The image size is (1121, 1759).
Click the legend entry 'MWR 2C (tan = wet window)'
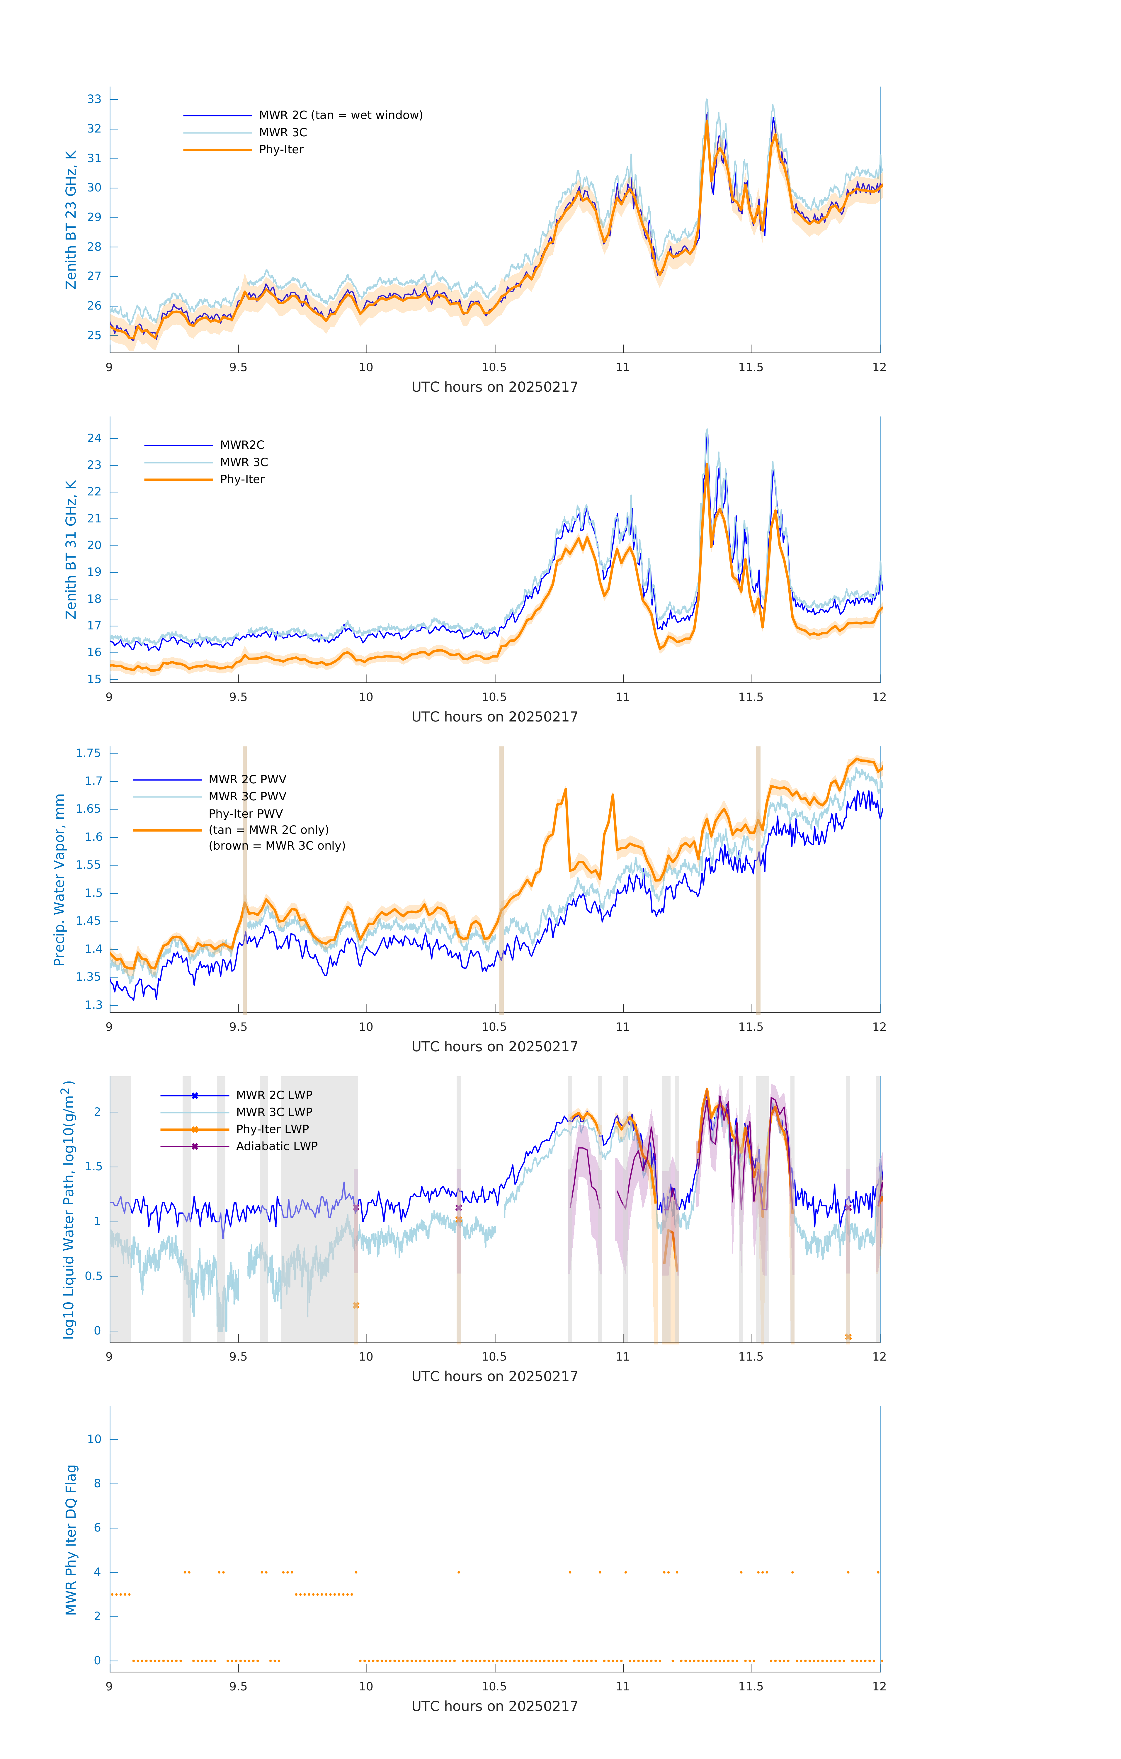click(340, 116)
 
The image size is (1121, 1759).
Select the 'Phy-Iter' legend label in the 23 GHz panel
click(281, 150)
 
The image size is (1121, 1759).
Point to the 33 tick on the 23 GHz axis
click(94, 99)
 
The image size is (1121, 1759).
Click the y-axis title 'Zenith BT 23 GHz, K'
click(71, 220)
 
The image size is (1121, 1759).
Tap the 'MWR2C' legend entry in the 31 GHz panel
click(242, 445)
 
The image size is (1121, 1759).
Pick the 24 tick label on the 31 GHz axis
click(94, 438)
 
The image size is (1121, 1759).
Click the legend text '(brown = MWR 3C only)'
click(277, 846)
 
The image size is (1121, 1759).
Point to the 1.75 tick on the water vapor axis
click(89, 753)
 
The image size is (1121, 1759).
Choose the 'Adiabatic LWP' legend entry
click(277, 1146)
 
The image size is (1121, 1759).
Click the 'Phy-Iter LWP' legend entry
click(272, 1129)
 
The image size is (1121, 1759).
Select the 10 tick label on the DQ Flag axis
click(94, 1439)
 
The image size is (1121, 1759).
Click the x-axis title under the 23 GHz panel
click(494, 387)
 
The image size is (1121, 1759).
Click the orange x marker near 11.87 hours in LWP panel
click(848, 1337)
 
